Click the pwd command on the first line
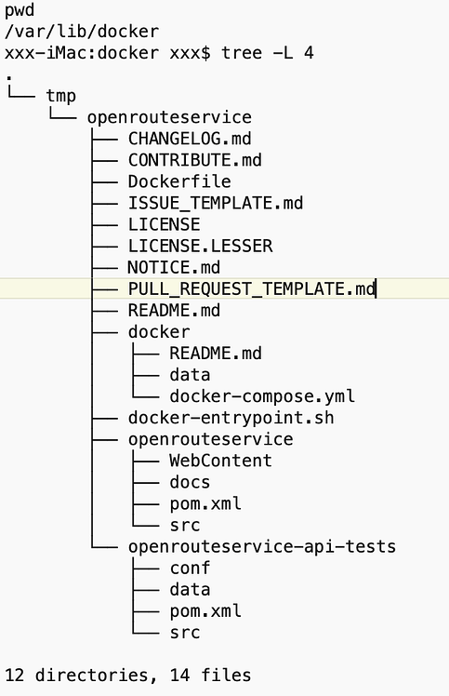click(x=20, y=10)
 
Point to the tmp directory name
click(x=60, y=96)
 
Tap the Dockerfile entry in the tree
click(x=179, y=181)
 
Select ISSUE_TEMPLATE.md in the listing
click(x=216, y=203)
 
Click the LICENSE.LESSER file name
click(x=200, y=246)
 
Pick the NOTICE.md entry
click(x=174, y=267)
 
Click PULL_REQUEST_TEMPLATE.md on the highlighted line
click(x=251, y=289)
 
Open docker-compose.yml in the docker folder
click(x=262, y=396)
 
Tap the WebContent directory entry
click(x=220, y=461)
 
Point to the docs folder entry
click(x=190, y=482)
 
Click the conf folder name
click(x=190, y=568)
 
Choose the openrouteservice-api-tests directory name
click(x=262, y=546)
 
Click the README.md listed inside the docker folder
click(x=216, y=354)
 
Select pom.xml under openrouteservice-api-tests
click(x=205, y=610)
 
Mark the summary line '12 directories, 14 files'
click(x=127, y=675)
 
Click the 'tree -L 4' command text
click(x=267, y=53)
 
